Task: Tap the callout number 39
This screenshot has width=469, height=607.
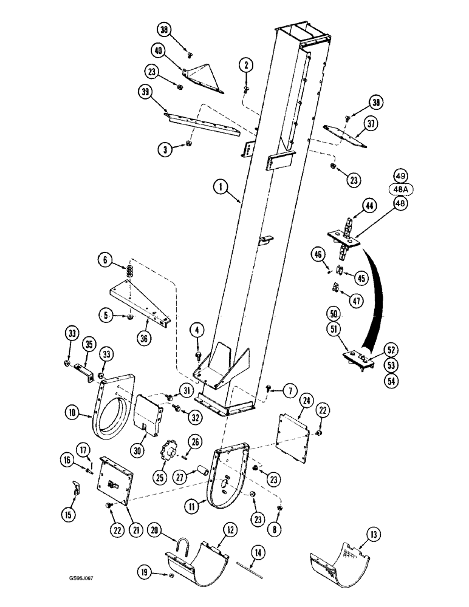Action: click(x=145, y=91)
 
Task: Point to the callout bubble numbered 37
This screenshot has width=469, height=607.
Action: click(x=369, y=125)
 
